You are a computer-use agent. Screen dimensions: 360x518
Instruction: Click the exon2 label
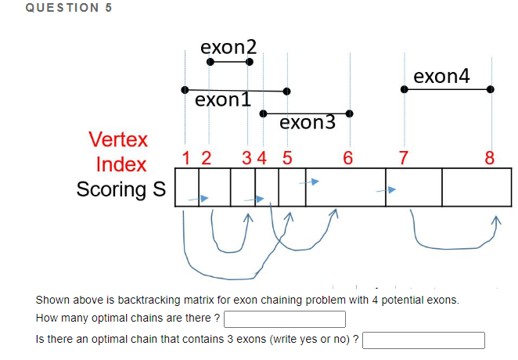click(x=228, y=47)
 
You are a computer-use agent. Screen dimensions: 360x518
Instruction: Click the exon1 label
click(x=223, y=100)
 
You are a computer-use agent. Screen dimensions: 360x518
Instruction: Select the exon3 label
click(x=307, y=122)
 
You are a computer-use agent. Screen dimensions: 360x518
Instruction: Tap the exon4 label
click(x=442, y=76)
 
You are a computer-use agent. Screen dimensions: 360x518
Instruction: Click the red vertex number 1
click(x=185, y=157)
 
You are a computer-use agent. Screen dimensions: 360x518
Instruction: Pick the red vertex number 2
click(x=206, y=157)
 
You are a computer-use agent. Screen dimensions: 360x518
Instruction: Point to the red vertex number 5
click(x=286, y=157)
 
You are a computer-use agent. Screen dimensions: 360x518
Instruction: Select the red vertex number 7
click(x=403, y=157)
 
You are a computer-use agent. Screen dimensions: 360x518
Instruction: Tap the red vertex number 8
click(x=490, y=157)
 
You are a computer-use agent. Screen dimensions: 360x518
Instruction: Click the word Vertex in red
click(x=117, y=140)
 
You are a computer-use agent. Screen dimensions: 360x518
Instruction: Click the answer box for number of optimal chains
click(x=285, y=319)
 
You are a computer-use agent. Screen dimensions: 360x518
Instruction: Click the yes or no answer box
click(x=423, y=340)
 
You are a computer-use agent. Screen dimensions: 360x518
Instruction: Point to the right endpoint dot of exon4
click(x=491, y=89)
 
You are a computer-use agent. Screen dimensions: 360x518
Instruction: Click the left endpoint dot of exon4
click(x=404, y=89)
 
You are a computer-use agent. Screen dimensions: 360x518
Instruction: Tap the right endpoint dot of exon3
click(x=350, y=114)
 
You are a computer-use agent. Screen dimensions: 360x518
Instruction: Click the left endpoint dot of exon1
click(x=184, y=89)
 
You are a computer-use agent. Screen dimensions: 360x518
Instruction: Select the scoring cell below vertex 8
click(x=471, y=188)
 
